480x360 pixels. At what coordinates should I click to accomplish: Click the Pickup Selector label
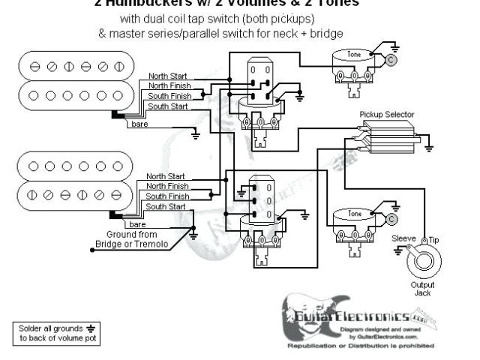click(x=386, y=115)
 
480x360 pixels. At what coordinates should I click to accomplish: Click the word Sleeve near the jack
click(x=405, y=238)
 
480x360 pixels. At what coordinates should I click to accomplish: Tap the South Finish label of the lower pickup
click(x=167, y=195)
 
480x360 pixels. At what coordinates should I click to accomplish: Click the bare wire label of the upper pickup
click(x=139, y=123)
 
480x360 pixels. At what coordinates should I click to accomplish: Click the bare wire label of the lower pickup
click(x=137, y=224)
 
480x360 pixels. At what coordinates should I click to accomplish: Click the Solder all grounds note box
click(x=55, y=333)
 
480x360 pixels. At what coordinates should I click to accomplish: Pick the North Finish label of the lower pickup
click(x=167, y=185)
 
